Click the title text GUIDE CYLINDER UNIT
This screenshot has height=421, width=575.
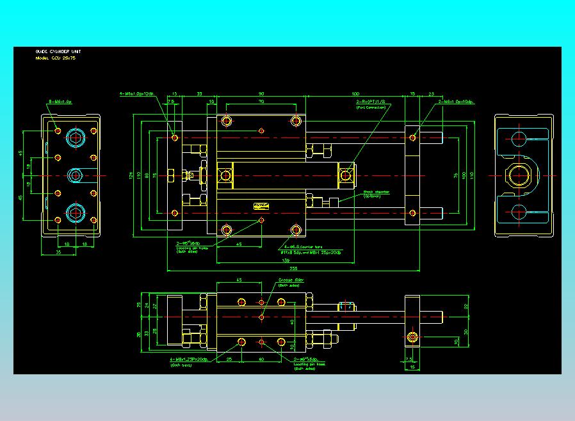(58, 51)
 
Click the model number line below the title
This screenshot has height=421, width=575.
(56, 58)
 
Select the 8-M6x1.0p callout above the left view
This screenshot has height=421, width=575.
(60, 102)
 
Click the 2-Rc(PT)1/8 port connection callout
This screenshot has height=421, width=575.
(372, 102)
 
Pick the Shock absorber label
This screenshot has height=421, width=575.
(377, 191)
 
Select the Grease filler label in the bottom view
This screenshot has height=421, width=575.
(291, 280)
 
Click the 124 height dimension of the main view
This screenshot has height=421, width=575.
(131, 174)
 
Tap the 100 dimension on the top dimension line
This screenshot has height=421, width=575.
(355, 94)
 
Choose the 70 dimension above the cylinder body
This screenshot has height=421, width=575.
(261, 101)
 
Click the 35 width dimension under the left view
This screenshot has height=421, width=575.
(59, 253)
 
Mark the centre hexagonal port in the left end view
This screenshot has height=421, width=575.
(76, 175)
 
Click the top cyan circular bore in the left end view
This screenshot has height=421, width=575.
(76, 138)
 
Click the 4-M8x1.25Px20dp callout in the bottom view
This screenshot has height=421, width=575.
(189, 360)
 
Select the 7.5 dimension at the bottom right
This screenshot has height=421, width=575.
(409, 360)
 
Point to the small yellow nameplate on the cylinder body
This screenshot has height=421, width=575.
(261, 205)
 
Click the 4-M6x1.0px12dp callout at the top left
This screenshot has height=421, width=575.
(137, 94)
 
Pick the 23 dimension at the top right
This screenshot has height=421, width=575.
(431, 94)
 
